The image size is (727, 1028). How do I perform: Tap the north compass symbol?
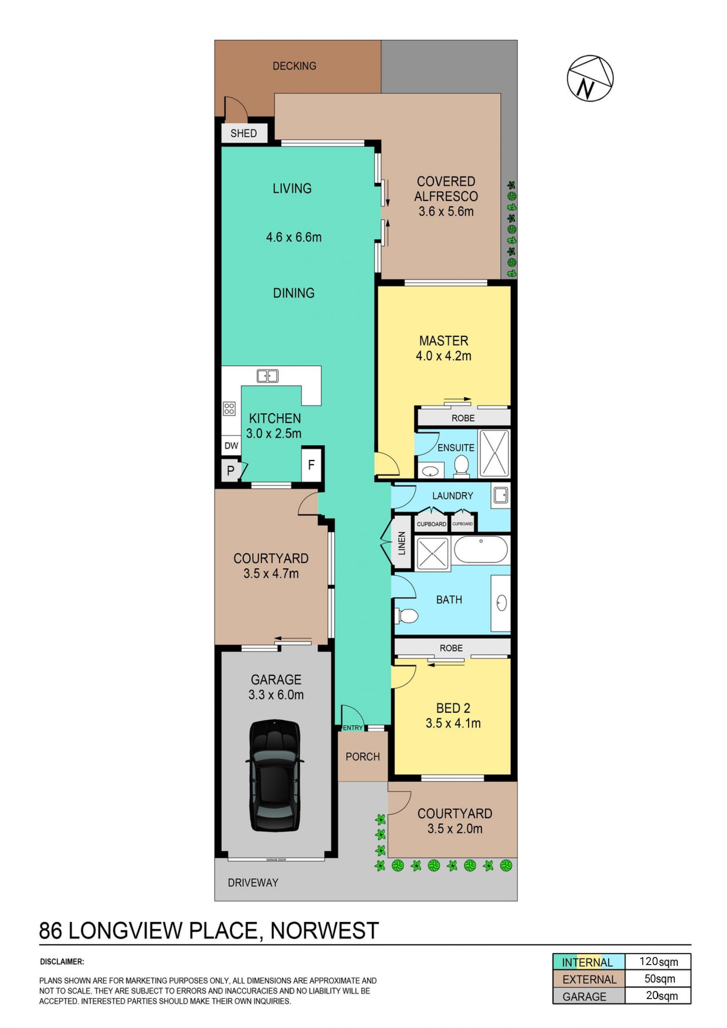tap(590, 78)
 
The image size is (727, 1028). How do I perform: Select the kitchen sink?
tap(267, 376)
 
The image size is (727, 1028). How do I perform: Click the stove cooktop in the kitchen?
tap(229, 408)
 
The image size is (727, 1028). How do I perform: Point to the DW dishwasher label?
tap(231, 446)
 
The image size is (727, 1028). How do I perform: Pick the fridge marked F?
tap(312, 465)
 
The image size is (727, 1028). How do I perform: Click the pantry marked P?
tap(231, 471)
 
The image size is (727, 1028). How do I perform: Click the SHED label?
tap(243, 133)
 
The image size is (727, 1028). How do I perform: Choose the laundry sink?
tap(500, 495)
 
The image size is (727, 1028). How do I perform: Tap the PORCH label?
tap(363, 757)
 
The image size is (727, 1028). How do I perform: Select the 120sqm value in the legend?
tap(658, 961)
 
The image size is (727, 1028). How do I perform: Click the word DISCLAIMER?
tap(62, 961)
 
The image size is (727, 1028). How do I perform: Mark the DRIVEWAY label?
tap(253, 883)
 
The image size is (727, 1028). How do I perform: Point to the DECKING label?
tap(295, 66)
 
